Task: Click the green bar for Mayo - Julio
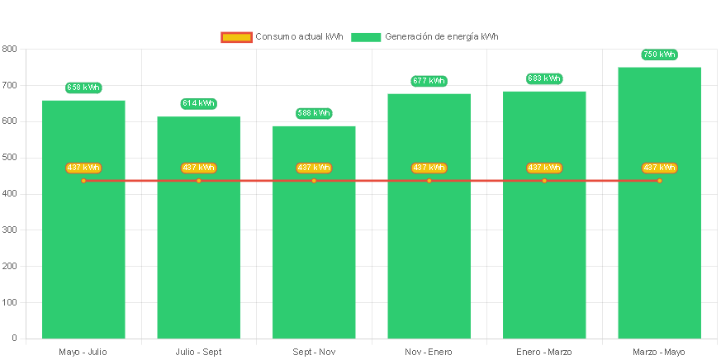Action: [x=83, y=248]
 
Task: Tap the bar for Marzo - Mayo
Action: [x=659, y=248]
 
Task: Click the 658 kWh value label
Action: [x=83, y=88]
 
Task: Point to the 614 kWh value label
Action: [x=198, y=103]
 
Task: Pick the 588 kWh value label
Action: [x=314, y=113]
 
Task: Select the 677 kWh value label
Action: [x=429, y=81]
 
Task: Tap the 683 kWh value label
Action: [x=544, y=78]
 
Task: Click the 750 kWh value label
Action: [x=659, y=54]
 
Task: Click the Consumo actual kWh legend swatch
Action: [x=236, y=37]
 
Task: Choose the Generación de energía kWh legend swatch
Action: [x=366, y=37]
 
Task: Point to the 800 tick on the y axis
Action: [x=9, y=49]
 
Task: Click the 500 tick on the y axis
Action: [x=9, y=157]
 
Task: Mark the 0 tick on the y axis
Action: [x=14, y=338]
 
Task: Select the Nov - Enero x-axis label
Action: [x=429, y=353]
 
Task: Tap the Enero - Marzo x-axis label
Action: [x=544, y=353]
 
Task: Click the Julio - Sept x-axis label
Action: [x=198, y=353]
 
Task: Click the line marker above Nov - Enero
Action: [x=429, y=180]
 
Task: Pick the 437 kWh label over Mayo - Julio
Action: [x=83, y=168]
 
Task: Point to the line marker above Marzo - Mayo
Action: [x=659, y=180]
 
